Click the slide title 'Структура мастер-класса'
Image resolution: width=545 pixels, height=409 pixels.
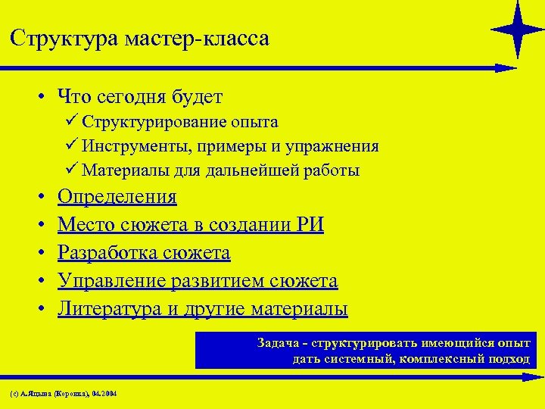coord(140,38)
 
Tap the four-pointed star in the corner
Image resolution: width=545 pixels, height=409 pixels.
coord(518,29)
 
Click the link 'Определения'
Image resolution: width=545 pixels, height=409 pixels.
coord(117,198)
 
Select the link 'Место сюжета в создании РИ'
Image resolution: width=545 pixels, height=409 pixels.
coord(191,226)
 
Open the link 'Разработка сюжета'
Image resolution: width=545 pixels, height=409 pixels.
coord(144,253)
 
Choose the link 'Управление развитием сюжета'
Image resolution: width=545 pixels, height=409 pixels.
coord(198,281)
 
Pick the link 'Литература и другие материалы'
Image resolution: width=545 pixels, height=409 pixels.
coord(203,309)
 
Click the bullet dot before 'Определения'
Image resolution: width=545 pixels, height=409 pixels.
coord(39,198)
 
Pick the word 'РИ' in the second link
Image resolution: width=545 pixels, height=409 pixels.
coord(312,226)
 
